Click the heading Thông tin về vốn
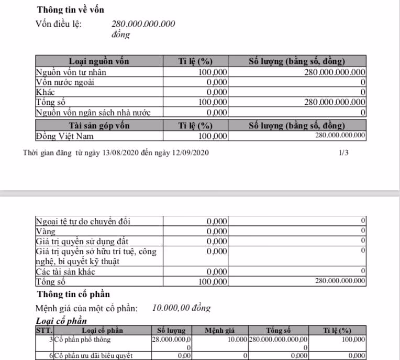(x=71, y=10)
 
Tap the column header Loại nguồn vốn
(x=99, y=61)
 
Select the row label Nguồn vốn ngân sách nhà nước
(x=93, y=112)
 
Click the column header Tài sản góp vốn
(x=99, y=126)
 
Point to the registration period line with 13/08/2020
(x=116, y=153)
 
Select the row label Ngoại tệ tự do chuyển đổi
(x=83, y=221)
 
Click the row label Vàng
(x=45, y=231)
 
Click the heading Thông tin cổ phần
(x=73, y=294)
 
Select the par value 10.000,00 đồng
(x=181, y=308)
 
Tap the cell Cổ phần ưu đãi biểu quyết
(x=92, y=356)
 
